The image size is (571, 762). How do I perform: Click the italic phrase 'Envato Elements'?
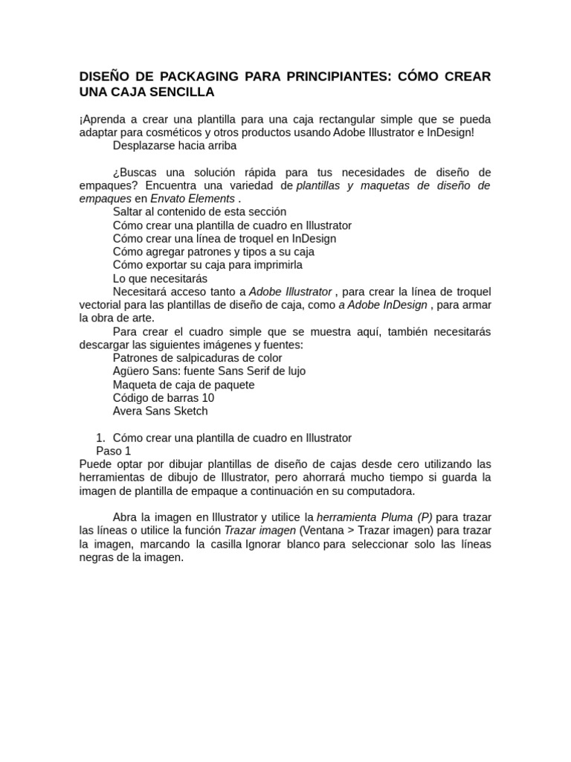193,199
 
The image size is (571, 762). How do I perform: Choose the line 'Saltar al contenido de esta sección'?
199,212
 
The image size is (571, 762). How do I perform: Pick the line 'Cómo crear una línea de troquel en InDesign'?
225,239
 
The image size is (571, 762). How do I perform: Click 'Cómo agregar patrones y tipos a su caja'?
213,252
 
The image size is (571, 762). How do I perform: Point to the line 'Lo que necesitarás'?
160,278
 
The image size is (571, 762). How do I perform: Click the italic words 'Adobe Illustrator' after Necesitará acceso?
290,292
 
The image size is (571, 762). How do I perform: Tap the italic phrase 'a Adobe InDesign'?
382,305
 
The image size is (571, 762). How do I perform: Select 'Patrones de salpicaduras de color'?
197,358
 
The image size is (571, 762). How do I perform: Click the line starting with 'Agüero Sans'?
209,371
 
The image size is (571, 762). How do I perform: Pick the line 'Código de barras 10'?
164,398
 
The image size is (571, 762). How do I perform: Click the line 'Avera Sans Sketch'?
160,411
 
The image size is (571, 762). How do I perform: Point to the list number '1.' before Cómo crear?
102,438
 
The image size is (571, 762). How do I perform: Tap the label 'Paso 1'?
114,451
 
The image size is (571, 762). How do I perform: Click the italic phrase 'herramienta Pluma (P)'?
375,517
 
